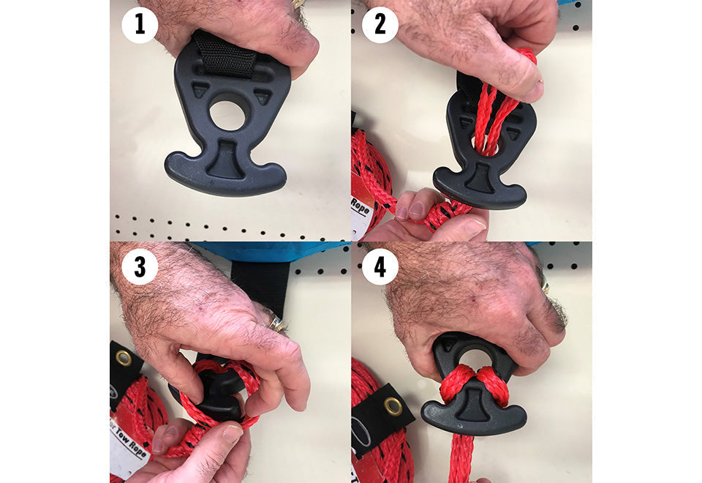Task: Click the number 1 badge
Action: click(140, 26)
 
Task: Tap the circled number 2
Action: click(380, 26)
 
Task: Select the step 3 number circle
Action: click(140, 267)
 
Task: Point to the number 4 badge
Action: click(380, 267)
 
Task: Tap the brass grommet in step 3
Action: click(124, 358)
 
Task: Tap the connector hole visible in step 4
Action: click(475, 358)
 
